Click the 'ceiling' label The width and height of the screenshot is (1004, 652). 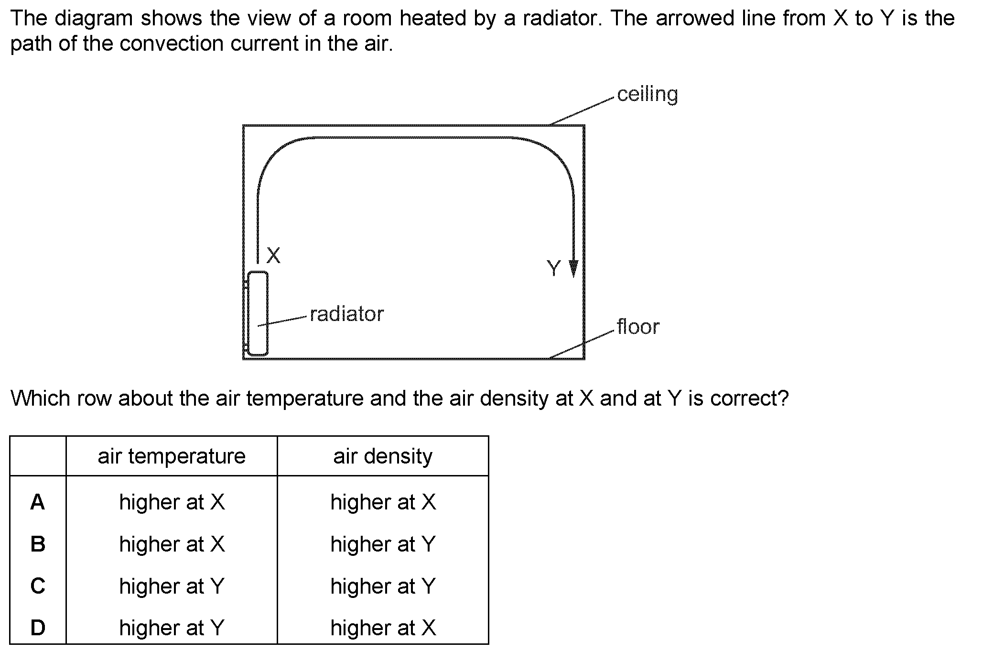(x=647, y=95)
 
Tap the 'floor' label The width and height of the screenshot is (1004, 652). (x=638, y=327)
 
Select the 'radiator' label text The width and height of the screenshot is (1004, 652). (x=346, y=314)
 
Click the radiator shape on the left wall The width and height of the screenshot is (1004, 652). (x=258, y=313)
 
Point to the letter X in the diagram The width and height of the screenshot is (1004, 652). (x=273, y=255)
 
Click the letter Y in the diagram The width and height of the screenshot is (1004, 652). (x=554, y=268)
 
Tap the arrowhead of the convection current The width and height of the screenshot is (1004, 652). (x=573, y=269)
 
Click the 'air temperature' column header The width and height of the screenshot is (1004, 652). (x=172, y=456)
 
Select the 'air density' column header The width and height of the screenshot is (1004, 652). (x=383, y=456)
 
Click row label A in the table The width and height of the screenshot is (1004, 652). (x=37, y=502)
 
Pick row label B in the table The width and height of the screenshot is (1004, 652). (x=38, y=544)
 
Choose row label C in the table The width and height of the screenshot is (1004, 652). (x=38, y=586)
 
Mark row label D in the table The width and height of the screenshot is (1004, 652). (x=38, y=628)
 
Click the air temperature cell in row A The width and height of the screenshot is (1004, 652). (x=172, y=502)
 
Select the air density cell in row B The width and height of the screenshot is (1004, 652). (x=383, y=544)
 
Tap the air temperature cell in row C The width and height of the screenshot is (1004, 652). (x=172, y=586)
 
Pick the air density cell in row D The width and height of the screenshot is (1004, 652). (x=383, y=628)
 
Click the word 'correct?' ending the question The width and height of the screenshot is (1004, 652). (x=749, y=398)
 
